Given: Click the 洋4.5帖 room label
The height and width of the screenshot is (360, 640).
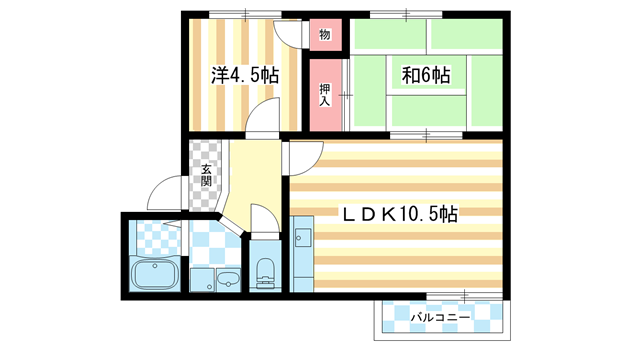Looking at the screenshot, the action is (244, 75).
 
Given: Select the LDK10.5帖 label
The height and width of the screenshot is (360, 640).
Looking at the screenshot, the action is (400, 214).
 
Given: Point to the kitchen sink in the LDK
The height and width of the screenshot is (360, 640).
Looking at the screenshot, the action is (303, 240).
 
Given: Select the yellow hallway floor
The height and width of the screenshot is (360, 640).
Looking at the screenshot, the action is (250, 175).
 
